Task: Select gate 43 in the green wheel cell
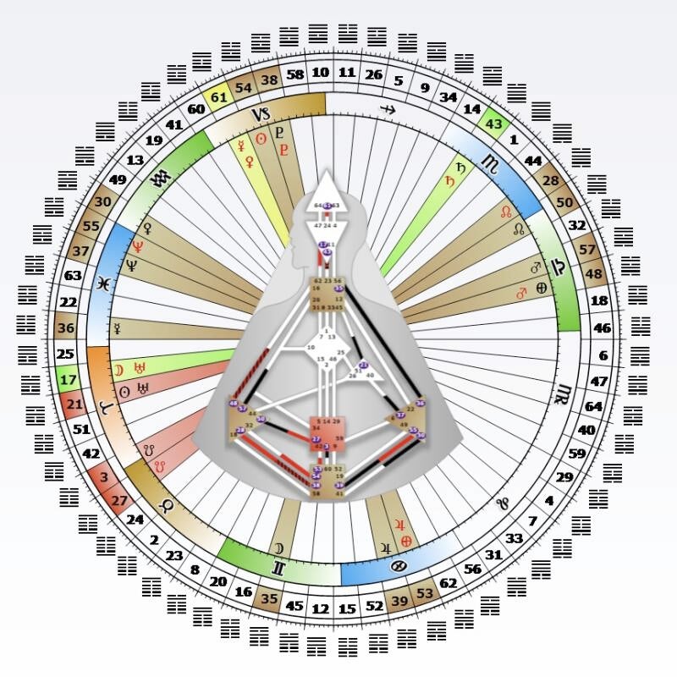point(493,123)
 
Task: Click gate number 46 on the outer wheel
point(602,327)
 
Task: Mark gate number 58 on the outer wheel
point(295,75)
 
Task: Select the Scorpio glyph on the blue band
point(489,162)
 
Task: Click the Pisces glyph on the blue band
point(102,282)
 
